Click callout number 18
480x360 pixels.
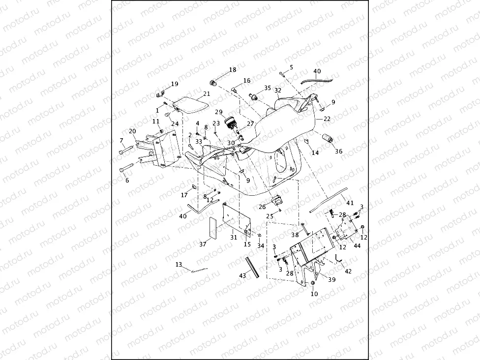(x=232, y=70)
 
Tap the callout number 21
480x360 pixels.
(x=207, y=94)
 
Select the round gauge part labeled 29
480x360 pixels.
(x=230, y=122)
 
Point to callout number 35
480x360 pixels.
(x=268, y=88)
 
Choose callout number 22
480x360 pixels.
(x=327, y=119)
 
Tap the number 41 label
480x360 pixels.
(x=350, y=203)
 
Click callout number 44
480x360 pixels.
(x=357, y=245)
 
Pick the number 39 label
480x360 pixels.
(x=332, y=279)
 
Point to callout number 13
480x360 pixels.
(x=179, y=265)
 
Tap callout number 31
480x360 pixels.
(x=234, y=237)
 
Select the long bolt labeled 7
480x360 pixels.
(x=127, y=149)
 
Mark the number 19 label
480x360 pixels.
(x=175, y=84)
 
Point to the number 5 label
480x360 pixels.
(x=291, y=67)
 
